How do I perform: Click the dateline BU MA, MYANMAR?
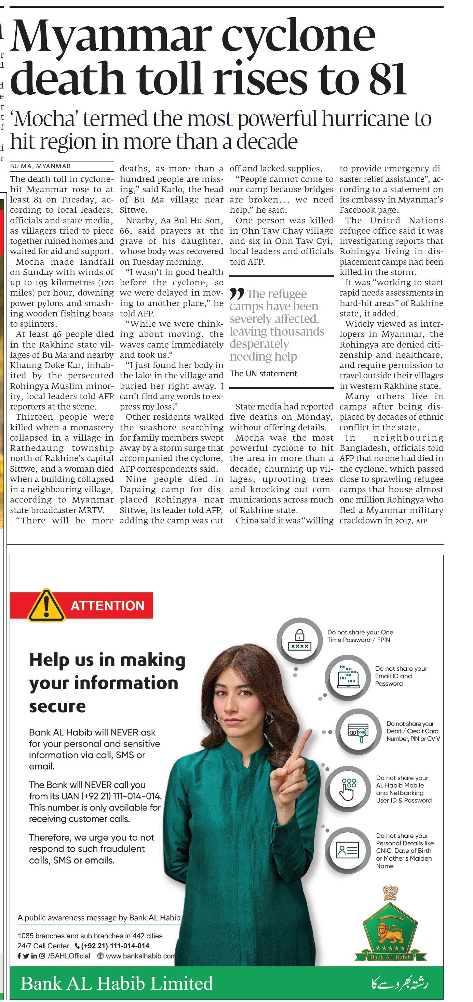(40, 166)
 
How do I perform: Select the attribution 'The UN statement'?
(263, 374)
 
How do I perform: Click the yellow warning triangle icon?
(46, 605)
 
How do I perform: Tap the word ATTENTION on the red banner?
(107, 606)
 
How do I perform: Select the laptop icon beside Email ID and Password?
(348, 677)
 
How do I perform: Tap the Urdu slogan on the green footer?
(399, 983)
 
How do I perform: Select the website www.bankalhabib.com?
(139, 956)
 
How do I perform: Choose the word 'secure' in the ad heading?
(57, 706)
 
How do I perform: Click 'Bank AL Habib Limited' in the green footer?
(117, 983)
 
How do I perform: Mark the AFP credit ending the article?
(421, 521)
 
